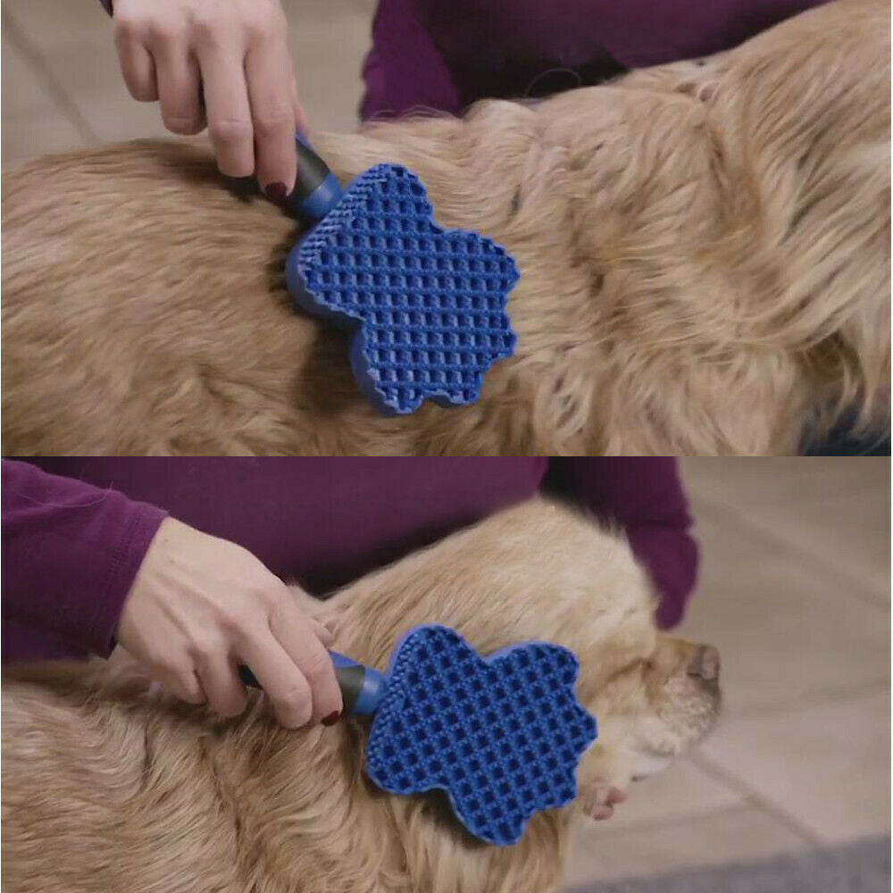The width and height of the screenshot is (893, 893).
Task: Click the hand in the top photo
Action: (214, 80)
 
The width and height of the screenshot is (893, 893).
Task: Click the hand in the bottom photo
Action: (223, 625)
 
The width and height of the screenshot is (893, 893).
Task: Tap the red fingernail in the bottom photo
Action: (331, 716)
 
